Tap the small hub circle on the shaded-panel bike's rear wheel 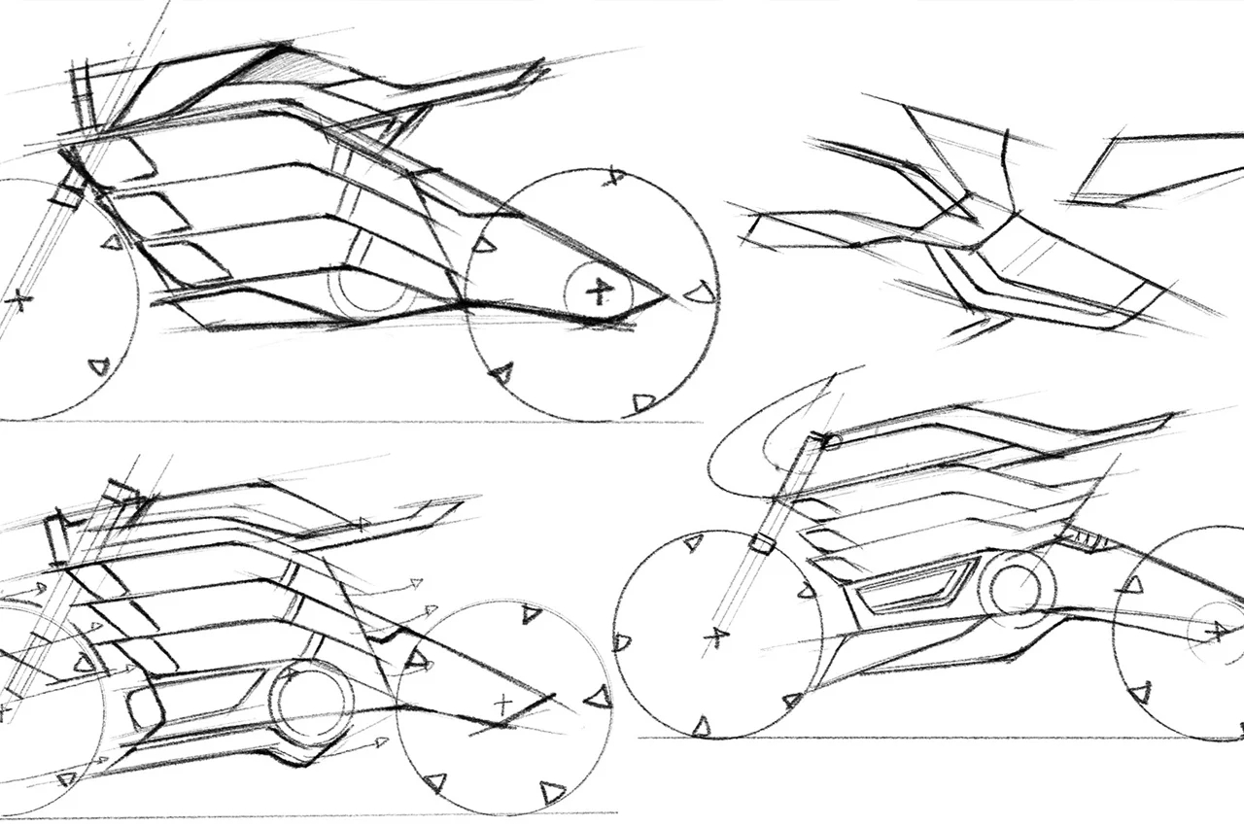[x=599, y=289]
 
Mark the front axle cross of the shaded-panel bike [x=17, y=299]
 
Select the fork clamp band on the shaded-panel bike [x=64, y=193]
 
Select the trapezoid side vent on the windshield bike [x=914, y=585]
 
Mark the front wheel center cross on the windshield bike [x=716, y=637]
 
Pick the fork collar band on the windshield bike [x=764, y=541]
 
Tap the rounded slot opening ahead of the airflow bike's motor [x=144, y=705]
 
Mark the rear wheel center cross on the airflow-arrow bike [x=502, y=704]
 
